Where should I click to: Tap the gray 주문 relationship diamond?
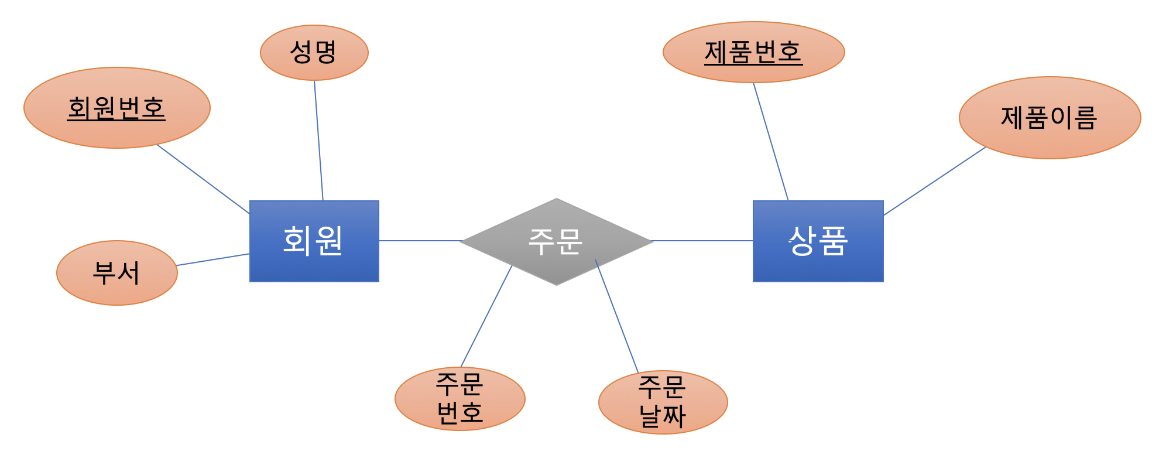556,264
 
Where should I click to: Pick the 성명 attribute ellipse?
314,67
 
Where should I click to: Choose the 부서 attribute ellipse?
116,290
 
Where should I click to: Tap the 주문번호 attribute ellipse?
460,398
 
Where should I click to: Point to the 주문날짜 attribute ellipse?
663,402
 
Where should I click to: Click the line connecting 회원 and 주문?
420,241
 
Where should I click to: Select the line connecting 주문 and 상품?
702,241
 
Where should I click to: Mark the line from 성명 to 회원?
318,141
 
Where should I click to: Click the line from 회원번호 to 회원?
203,179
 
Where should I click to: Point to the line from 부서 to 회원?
213,259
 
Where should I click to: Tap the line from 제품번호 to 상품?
770,141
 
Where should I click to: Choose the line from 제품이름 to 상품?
935,181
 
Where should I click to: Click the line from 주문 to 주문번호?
486,316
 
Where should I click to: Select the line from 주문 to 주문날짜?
617,316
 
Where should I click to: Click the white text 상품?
818,241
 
